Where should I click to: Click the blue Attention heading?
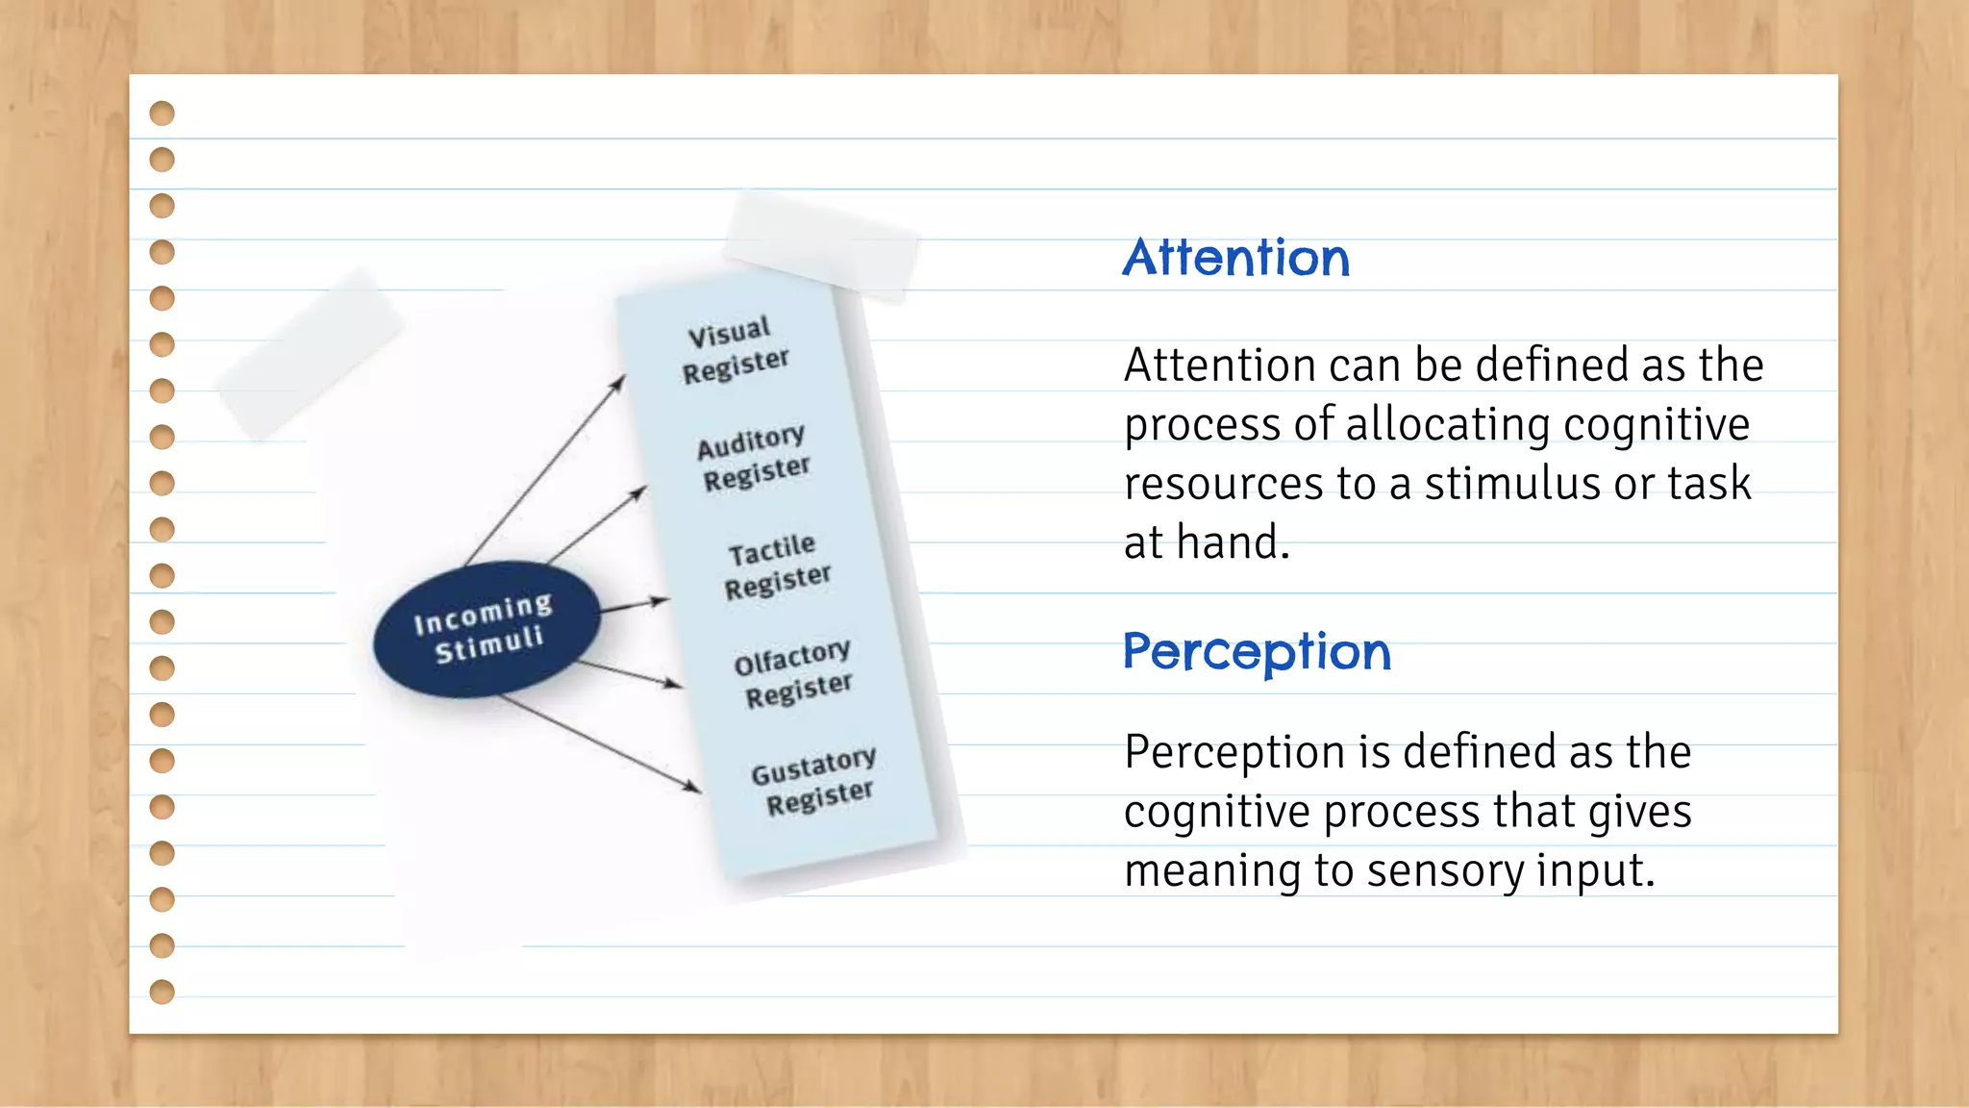pos(1235,258)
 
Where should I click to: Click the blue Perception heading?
pos(1257,652)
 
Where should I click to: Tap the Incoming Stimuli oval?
pos(486,628)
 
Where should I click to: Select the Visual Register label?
pos(735,349)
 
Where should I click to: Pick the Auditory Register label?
pos(754,457)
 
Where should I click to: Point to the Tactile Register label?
pos(777,566)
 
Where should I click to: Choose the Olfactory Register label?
pos(794,673)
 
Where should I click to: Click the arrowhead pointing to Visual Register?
pos(619,382)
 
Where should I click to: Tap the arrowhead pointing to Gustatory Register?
pos(693,787)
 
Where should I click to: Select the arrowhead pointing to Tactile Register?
pos(661,601)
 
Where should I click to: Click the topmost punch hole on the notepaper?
pos(162,113)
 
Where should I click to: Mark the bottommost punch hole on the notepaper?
pos(162,992)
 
